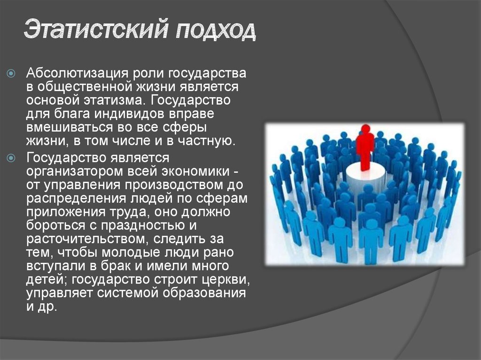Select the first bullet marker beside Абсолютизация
(x=12, y=74)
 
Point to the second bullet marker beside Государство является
(x=12, y=158)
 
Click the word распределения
(x=74, y=198)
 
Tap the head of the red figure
(x=365, y=128)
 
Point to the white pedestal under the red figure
(x=365, y=176)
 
